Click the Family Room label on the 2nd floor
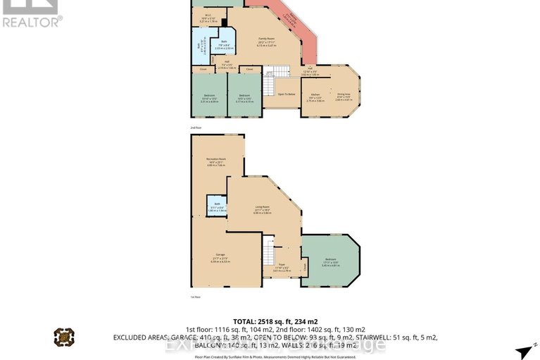[266, 38]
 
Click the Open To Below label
[286, 94]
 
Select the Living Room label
[262, 206]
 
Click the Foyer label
[282, 267]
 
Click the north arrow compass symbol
[522, 350]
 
